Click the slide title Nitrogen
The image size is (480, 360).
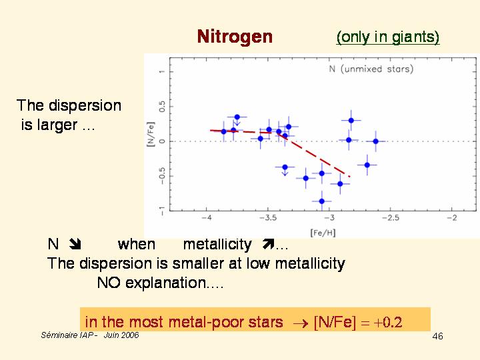click(235, 37)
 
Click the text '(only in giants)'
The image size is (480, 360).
click(388, 37)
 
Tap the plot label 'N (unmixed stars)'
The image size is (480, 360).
click(371, 69)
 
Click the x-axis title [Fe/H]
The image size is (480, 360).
click(323, 232)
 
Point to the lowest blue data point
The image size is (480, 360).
click(322, 201)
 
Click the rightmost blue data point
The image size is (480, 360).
click(375, 141)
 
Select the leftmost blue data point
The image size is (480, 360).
click(224, 132)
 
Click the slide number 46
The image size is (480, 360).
click(437, 336)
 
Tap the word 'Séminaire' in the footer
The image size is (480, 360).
click(58, 335)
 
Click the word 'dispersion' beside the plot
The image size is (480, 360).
click(87, 105)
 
